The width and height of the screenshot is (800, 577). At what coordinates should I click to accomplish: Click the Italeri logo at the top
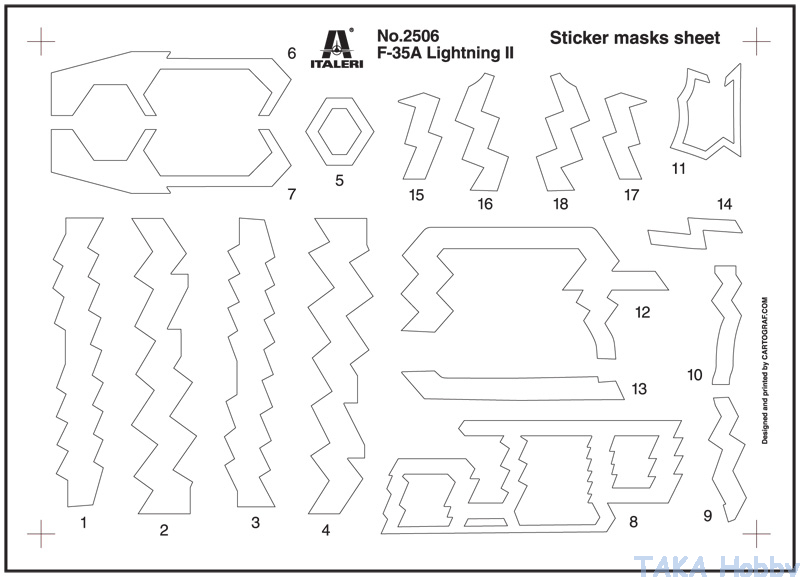point(337,47)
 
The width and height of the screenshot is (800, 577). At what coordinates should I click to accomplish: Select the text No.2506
point(408,36)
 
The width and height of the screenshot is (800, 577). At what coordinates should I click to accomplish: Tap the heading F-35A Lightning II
point(445,53)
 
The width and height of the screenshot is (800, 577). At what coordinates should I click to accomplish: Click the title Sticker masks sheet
point(635,38)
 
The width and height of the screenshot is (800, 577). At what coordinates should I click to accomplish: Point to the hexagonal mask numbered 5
point(340,132)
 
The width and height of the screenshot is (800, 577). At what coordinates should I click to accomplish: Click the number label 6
point(291,53)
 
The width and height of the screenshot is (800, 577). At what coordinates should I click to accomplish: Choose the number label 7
point(291,194)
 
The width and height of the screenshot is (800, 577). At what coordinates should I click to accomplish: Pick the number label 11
point(679,168)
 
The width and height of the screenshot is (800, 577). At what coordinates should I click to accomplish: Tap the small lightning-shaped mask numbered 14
point(695,233)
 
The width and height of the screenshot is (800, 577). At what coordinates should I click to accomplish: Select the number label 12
point(642,312)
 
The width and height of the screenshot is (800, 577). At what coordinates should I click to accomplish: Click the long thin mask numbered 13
point(513,385)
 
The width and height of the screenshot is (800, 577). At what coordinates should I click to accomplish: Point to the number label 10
point(695,375)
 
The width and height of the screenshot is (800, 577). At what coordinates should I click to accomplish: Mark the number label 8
point(633,522)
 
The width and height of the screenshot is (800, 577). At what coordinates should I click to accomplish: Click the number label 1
point(84,522)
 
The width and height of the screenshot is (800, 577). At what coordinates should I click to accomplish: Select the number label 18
point(560,204)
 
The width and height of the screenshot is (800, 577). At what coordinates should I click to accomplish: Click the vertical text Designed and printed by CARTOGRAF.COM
point(765,371)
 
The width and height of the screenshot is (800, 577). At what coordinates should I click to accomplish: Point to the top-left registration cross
point(41,41)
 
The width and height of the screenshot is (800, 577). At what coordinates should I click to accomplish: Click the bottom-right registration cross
point(757,534)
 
